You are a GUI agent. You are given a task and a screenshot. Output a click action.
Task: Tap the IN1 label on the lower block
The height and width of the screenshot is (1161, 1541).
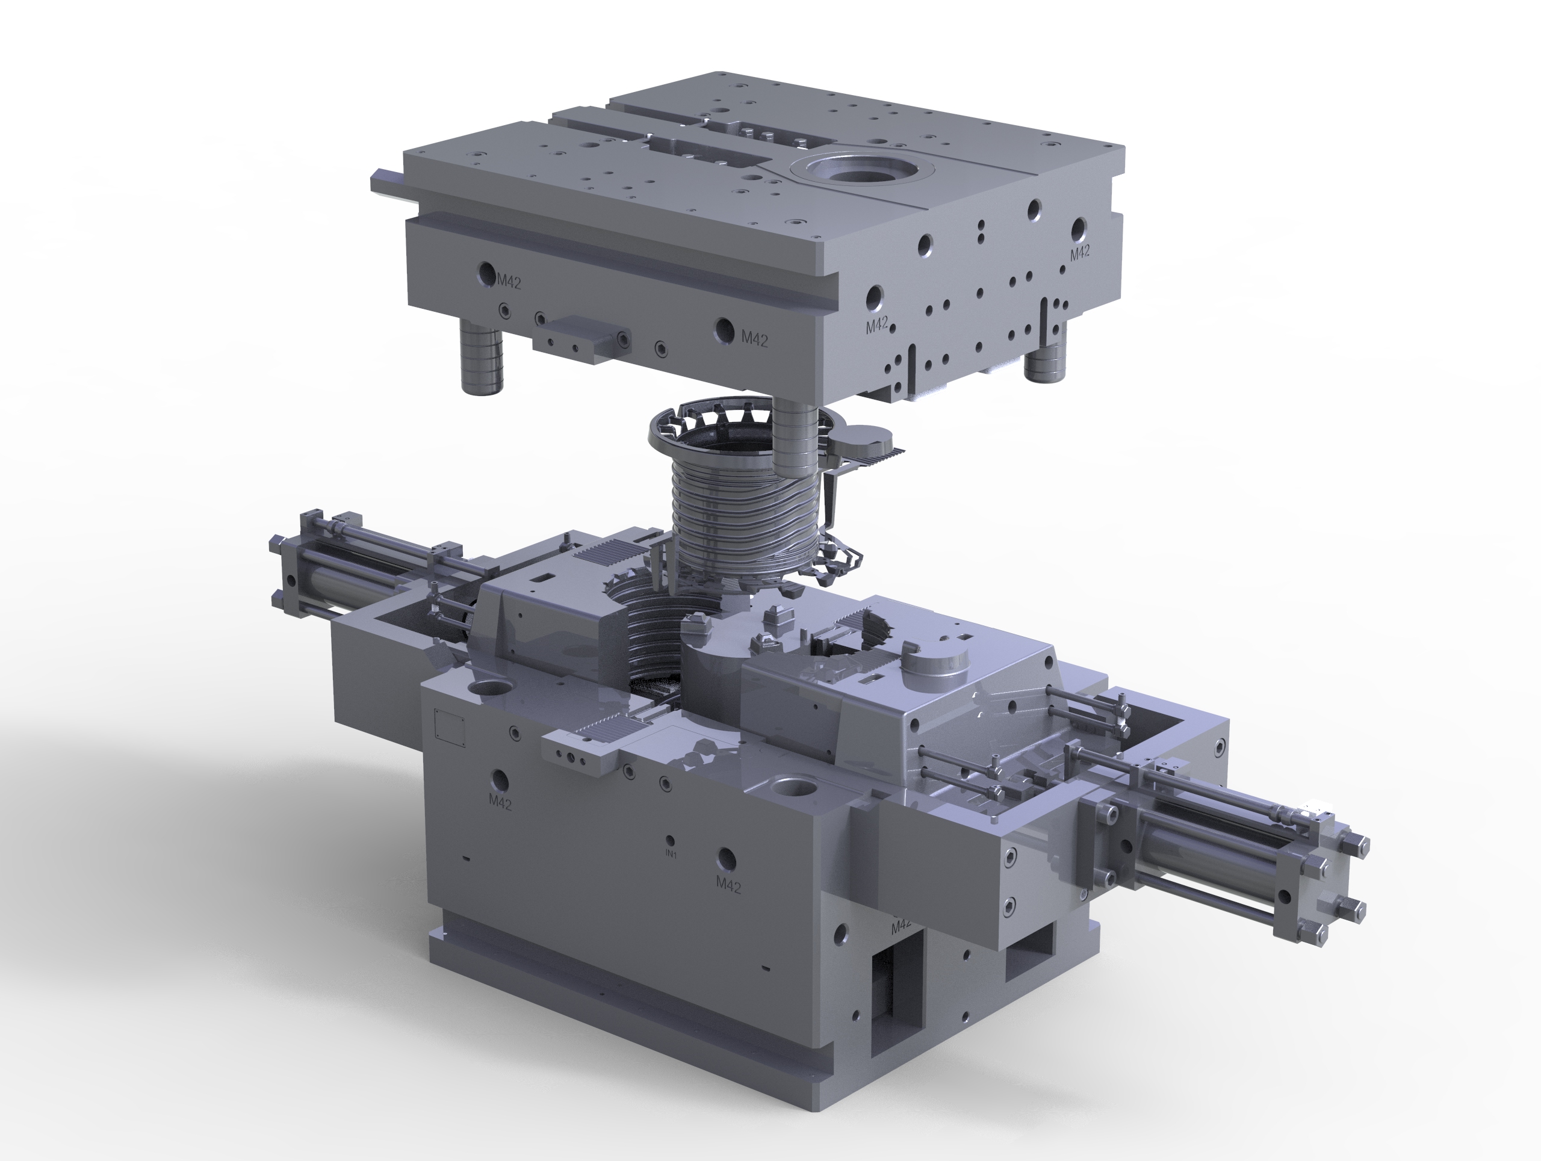pos(671,854)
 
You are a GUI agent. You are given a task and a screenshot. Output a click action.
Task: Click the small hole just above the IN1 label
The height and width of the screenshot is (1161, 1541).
pos(669,840)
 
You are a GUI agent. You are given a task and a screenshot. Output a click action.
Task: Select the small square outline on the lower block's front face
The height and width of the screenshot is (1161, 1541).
pos(449,727)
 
